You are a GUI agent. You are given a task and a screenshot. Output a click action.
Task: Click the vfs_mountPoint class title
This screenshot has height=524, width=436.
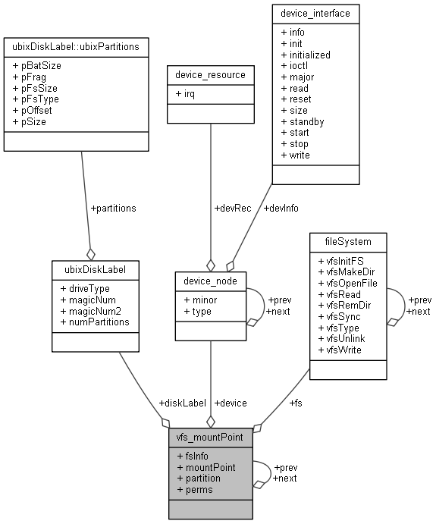[x=211, y=438]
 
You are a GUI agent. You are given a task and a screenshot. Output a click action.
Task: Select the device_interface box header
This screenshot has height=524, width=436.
[x=317, y=14]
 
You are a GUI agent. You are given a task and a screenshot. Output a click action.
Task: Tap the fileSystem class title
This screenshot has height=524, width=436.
[x=347, y=243]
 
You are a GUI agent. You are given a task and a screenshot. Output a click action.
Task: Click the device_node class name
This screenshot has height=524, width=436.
[x=211, y=281]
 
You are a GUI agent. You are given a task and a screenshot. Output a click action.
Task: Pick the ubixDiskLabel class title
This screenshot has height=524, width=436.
[x=96, y=270]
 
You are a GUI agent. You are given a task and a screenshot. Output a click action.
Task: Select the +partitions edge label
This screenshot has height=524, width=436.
[x=113, y=209]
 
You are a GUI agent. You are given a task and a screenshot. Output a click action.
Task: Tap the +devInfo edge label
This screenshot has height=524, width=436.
[x=281, y=209]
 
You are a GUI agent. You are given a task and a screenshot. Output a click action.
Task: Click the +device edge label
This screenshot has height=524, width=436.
[x=231, y=403]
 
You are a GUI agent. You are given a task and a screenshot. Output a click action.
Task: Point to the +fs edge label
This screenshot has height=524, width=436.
[x=297, y=403]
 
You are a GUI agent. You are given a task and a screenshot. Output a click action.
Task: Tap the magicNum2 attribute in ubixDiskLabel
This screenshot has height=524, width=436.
[x=93, y=311]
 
